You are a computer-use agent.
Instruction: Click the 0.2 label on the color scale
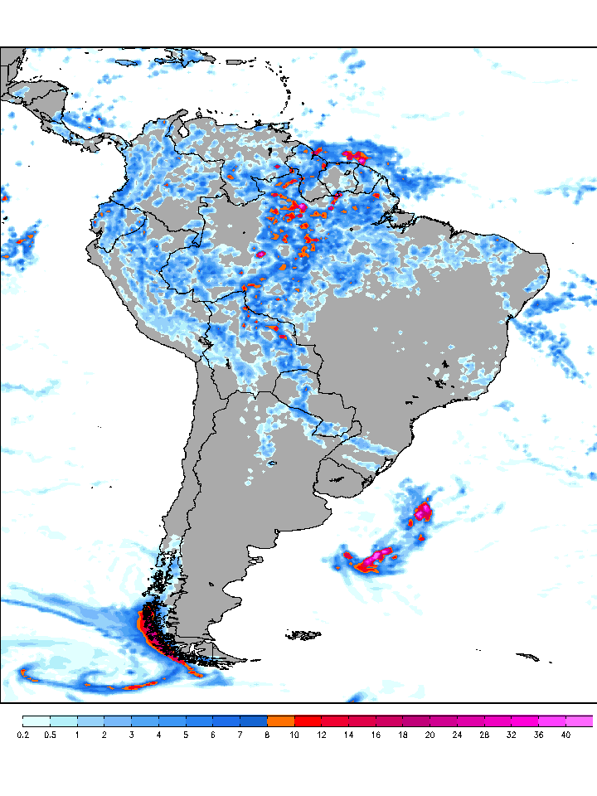coord(22,735)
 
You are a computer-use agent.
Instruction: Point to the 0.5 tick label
coord(50,735)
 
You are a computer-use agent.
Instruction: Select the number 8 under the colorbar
coord(267,735)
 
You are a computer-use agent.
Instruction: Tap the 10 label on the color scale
coord(294,735)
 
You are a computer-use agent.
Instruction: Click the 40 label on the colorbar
coord(565,735)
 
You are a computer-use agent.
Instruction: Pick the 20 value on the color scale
coord(430,735)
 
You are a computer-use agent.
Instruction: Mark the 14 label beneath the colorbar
coord(348,735)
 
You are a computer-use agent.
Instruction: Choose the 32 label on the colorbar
coord(512,735)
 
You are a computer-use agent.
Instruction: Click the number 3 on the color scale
coord(131,735)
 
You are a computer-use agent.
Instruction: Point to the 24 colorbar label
coord(457,735)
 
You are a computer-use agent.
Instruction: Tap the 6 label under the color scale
coord(213,735)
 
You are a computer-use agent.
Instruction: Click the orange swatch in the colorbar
coord(281,721)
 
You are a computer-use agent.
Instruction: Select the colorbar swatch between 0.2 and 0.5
coord(36,721)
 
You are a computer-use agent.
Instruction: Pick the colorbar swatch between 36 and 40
coord(552,721)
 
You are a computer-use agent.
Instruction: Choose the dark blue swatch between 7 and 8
coord(254,721)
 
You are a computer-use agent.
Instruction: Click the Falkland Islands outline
coord(303,636)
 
